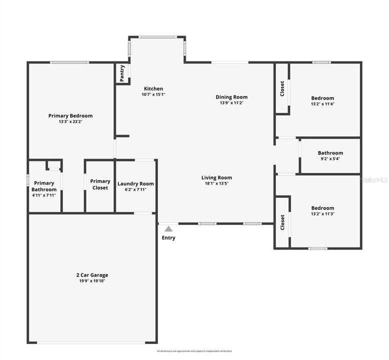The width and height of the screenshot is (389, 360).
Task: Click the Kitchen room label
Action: click(153, 89)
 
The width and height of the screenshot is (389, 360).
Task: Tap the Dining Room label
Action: click(231, 97)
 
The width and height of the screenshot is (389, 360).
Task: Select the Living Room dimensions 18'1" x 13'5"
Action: click(216, 183)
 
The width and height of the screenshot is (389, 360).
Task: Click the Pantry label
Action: click(122, 73)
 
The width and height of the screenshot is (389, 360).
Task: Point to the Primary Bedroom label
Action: click(70, 115)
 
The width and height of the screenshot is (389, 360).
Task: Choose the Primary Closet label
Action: click(100, 184)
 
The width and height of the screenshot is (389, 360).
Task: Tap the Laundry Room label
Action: click(135, 183)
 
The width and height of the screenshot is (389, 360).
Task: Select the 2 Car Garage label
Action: click(91, 275)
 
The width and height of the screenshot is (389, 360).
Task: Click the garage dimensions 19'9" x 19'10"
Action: click(91, 281)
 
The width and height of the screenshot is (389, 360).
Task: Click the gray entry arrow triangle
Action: click(168, 228)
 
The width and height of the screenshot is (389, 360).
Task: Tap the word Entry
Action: click(168, 237)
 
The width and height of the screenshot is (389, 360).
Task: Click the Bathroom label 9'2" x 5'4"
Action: click(330, 153)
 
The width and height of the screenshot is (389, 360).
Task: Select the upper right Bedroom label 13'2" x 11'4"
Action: click(322, 98)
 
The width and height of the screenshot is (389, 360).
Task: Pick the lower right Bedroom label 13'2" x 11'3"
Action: click(322, 208)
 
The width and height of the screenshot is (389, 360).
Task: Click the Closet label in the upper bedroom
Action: click(282, 88)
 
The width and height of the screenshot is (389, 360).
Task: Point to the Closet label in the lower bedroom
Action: click(282, 222)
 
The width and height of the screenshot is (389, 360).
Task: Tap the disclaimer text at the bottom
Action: click(194, 351)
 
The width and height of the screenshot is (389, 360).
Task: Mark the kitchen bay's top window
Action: click(157, 36)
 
